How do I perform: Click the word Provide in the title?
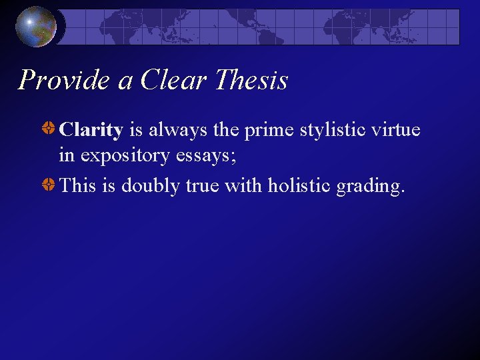tap(65, 81)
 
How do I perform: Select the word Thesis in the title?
tap(251, 81)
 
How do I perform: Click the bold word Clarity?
tap(91, 130)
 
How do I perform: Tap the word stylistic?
tap(336, 130)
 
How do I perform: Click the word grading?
tap(370, 185)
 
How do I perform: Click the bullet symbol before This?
tap(49, 183)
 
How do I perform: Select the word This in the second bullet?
tap(77, 185)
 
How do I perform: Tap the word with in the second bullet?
tap(243, 185)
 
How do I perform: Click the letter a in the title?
tap(125, 82)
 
